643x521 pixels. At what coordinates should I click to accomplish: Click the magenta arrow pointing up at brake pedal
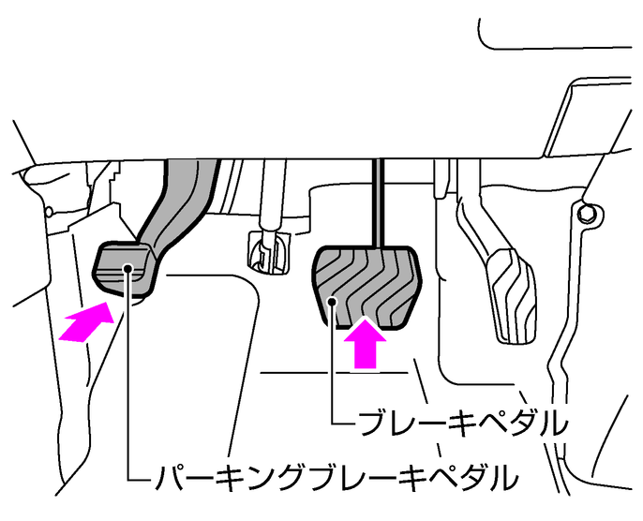pos(365,343)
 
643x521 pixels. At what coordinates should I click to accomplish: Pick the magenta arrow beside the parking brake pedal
pos(87,322)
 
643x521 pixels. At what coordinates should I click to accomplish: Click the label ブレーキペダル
pos(463,423)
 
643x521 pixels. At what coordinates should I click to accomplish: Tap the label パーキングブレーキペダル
pos(336,477)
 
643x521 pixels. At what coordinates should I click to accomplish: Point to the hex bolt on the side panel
pos(586,213)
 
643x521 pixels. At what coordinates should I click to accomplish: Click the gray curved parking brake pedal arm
pos(180,205)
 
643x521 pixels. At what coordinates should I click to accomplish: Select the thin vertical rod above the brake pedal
pos(378,203)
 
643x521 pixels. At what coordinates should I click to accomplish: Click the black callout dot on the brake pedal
pos(332,302)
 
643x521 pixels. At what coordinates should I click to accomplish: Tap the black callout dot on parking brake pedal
pos(128,268)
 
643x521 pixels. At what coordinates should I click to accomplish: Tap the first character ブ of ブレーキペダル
pos(373,423)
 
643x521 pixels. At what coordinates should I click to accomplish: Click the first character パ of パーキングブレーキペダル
pos(169,477)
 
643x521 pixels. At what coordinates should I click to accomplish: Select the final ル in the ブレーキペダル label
pos(555,423)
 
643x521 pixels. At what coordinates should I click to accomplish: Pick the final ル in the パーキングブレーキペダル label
pos(503,477)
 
